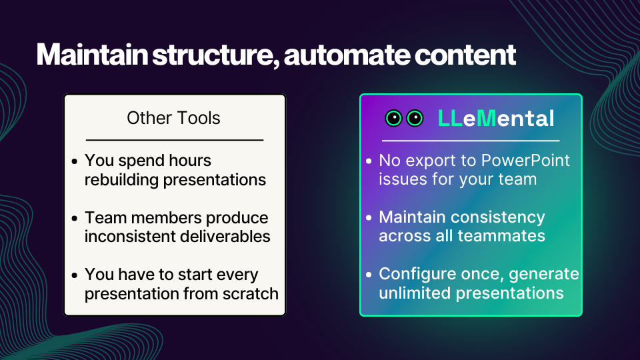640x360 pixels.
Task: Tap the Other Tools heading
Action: pos(173,118)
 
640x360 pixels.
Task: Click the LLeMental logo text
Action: pos(496,119)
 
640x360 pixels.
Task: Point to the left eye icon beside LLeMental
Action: pos(394,119)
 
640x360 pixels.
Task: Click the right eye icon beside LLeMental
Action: pos(415,119)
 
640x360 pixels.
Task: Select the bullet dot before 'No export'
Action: pos(369,161)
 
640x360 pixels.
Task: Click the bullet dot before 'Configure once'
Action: pos(369,275)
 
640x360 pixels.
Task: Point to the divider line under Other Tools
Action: pos(175,140)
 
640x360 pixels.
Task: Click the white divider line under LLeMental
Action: pos(470,141)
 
